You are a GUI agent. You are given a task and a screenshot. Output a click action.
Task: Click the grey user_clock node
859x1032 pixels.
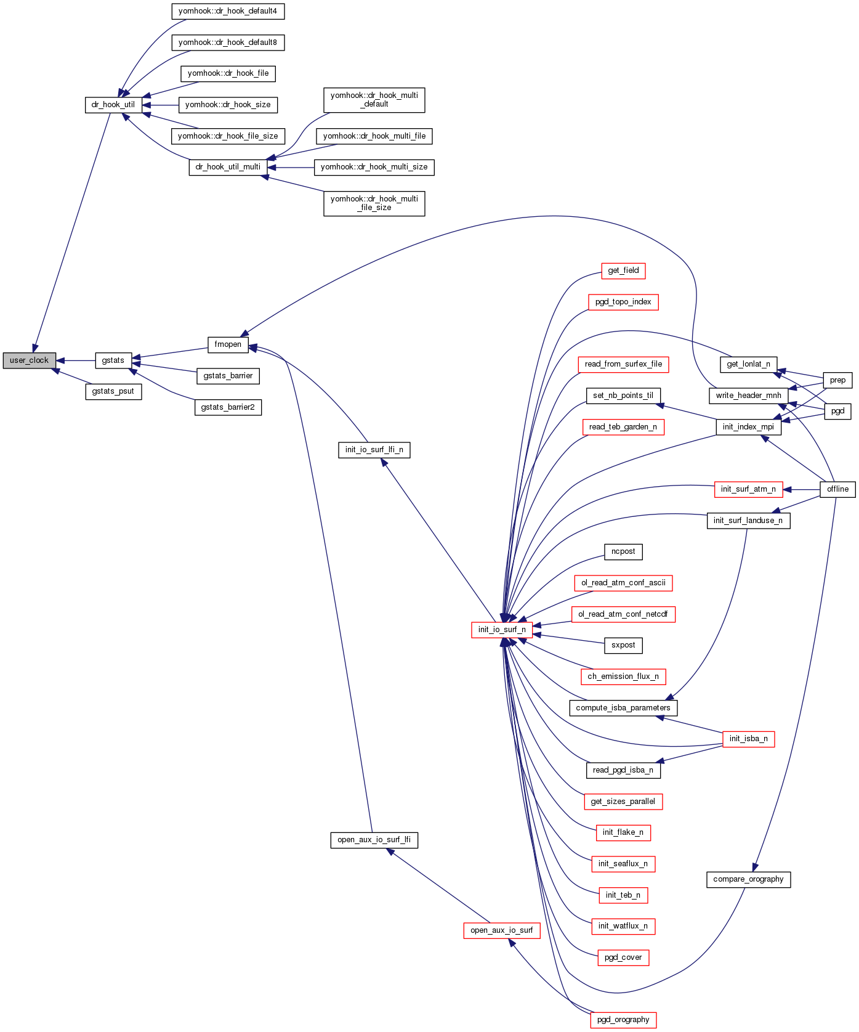[x=29, y=360]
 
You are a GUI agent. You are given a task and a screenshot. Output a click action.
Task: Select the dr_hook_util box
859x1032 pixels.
[x=113, y=105]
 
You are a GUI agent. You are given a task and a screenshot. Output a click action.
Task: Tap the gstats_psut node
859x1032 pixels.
[x=113, y=391]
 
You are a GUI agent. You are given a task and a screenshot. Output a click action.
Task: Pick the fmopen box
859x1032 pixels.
[x=228, y=344]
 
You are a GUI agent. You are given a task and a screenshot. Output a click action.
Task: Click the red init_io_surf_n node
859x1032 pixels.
[x=502, y=630]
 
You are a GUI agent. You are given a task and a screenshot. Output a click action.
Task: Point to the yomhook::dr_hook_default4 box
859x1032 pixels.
[x=228, y=11]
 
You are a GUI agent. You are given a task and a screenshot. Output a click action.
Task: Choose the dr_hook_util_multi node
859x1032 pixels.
[x=228, y=167]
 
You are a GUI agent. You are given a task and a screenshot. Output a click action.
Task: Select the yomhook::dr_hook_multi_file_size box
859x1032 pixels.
[x=374, y=203]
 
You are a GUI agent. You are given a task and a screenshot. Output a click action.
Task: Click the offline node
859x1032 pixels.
[x=837, y=489]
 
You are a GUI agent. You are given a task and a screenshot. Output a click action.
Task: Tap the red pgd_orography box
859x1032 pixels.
[x=623, y=1020]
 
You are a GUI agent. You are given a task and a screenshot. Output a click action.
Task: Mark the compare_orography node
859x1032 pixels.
[x=748, y=879]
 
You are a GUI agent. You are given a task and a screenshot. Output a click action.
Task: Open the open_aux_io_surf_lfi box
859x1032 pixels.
[x=374, y=840]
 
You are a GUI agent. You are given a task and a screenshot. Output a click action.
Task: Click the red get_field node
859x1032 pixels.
[x=623, y=270]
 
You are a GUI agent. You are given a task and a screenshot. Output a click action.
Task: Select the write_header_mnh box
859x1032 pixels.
[x=748, y=396]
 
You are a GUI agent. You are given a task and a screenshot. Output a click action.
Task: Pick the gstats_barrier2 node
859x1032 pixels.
[x=228, y=407]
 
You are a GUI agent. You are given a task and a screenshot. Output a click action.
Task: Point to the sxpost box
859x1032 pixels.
[x=623, y=645]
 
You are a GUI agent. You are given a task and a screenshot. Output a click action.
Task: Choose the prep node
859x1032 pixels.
[x=837, y=380]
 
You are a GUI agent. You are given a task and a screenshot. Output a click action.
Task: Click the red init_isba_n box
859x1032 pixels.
[x=748, y=739]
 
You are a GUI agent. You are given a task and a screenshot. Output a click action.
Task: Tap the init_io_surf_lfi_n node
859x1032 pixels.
[x=374, y=450]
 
